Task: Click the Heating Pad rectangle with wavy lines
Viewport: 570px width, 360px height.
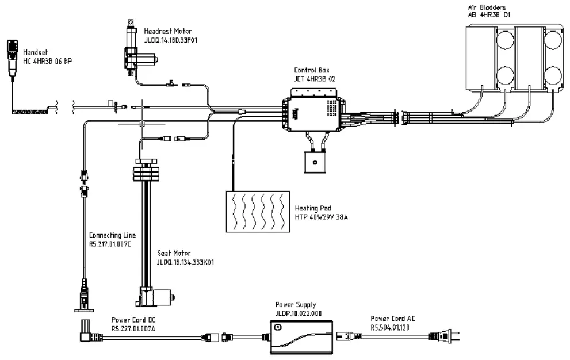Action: pos(257,210)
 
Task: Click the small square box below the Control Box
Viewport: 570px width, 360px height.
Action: pos(315,162)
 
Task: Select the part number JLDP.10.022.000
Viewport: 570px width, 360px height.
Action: pos(299,313)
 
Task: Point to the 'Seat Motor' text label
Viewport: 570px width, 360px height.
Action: pos(174,252)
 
